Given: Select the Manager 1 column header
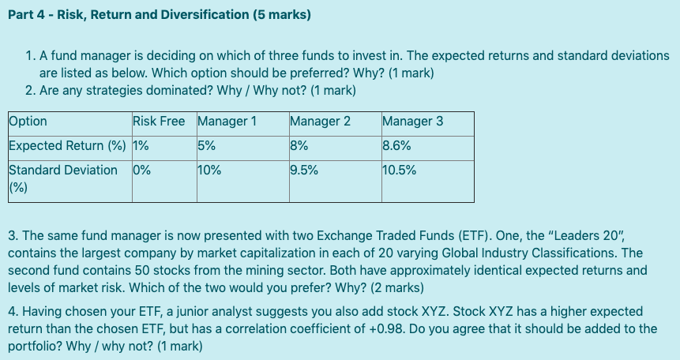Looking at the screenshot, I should pyautogui.click(x=227, y=122).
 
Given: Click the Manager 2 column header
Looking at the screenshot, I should pyautogui.click(x=321, y=122).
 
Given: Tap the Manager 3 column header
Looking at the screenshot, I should pyautogui.click(x=412, y=122).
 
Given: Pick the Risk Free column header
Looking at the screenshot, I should pyautogui.click(x=159, y=122).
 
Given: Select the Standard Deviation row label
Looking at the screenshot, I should pyautogui.click(x=63, y=170).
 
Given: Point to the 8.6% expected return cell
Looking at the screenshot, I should pyautogui.click(x=396, y=145).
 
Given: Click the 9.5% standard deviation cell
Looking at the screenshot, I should pyautogui.click(x=305, y=170).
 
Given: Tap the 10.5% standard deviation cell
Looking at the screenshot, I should pyautogui.click(x=399, y=170).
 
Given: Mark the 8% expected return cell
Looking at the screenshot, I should pyautogui.click(x=299, y=145).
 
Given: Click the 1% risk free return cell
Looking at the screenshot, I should pyautogui.click(x=141, y=145).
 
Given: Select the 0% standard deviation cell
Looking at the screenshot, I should pyautogui.click(x=142, y=170).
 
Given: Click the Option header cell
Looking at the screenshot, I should pyautogui.click(x=28, y=122).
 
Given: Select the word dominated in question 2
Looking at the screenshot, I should pyautogui.click(x=163, y=90).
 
